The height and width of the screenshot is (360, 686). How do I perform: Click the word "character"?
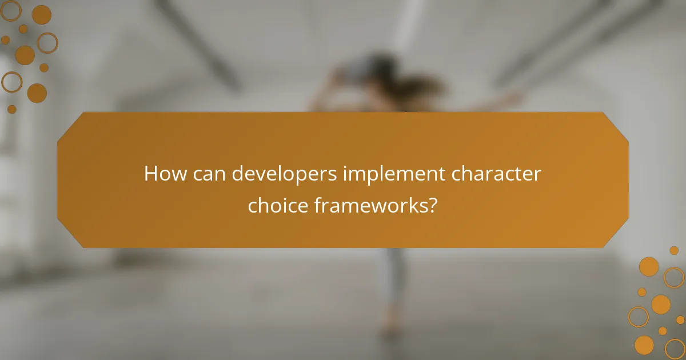[496, 174]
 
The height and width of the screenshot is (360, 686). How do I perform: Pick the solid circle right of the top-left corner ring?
[41, 14]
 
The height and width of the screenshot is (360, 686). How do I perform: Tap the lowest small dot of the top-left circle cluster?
[11, 109]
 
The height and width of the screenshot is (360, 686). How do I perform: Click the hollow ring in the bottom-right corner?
[675, 348]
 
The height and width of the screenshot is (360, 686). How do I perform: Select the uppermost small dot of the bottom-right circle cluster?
[674, 250]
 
